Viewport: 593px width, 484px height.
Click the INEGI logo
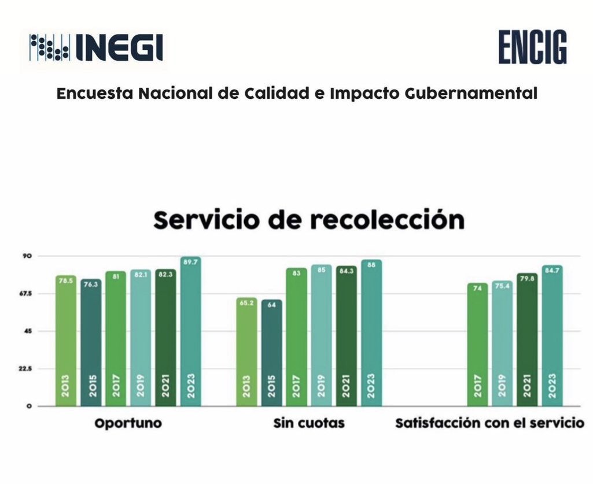click(x=96, y=49)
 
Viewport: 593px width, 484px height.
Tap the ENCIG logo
click(x=533, y=48)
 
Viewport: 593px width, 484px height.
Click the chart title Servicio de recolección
click(x=309, y=220)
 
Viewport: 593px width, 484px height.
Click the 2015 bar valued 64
click(x=272, y=353)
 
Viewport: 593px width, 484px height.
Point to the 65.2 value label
click(x=247, y=302)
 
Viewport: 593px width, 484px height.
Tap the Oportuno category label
click(x=128, y=423)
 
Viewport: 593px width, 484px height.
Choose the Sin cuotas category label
click(x=309, y=423)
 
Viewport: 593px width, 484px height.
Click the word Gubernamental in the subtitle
click(x=480, y=94)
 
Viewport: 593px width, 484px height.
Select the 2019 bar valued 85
click(x=321, y=335)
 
